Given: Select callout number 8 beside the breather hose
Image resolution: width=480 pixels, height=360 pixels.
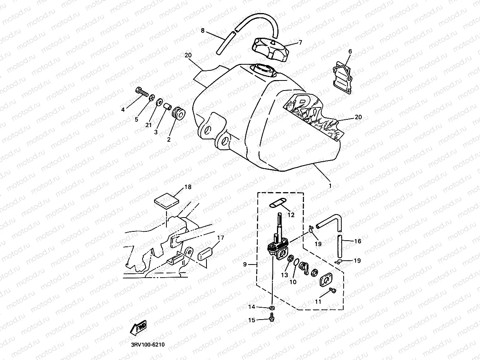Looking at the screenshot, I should click(202, 31).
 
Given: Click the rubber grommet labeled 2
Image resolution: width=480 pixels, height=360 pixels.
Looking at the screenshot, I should click(179, 114).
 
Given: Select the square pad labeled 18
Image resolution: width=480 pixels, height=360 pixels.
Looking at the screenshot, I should click(166, 201).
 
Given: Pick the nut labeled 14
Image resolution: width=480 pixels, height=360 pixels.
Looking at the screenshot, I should click(272, 308).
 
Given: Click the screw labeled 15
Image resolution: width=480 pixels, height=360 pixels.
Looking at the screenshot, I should click(272, 318).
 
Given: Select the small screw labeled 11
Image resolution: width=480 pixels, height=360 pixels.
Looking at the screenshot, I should click(333, 291).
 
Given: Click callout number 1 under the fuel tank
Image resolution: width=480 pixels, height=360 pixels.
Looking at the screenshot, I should click(329, 185).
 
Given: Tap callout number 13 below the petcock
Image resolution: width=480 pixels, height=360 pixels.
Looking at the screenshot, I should click(284, 275).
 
